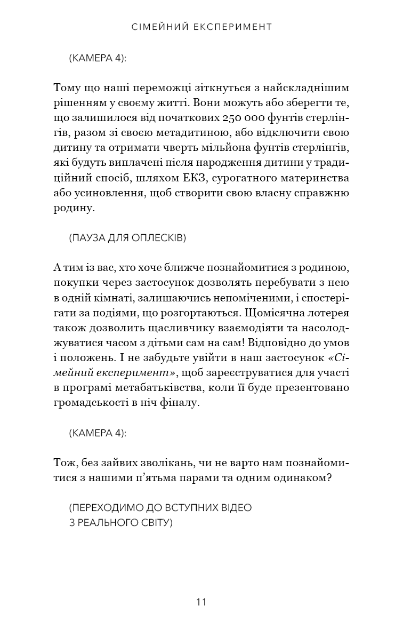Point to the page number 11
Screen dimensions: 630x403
pyautogui.click(x=201, y=602)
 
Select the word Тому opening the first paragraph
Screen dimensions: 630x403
pyautogui.click(x=66, y=87)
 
